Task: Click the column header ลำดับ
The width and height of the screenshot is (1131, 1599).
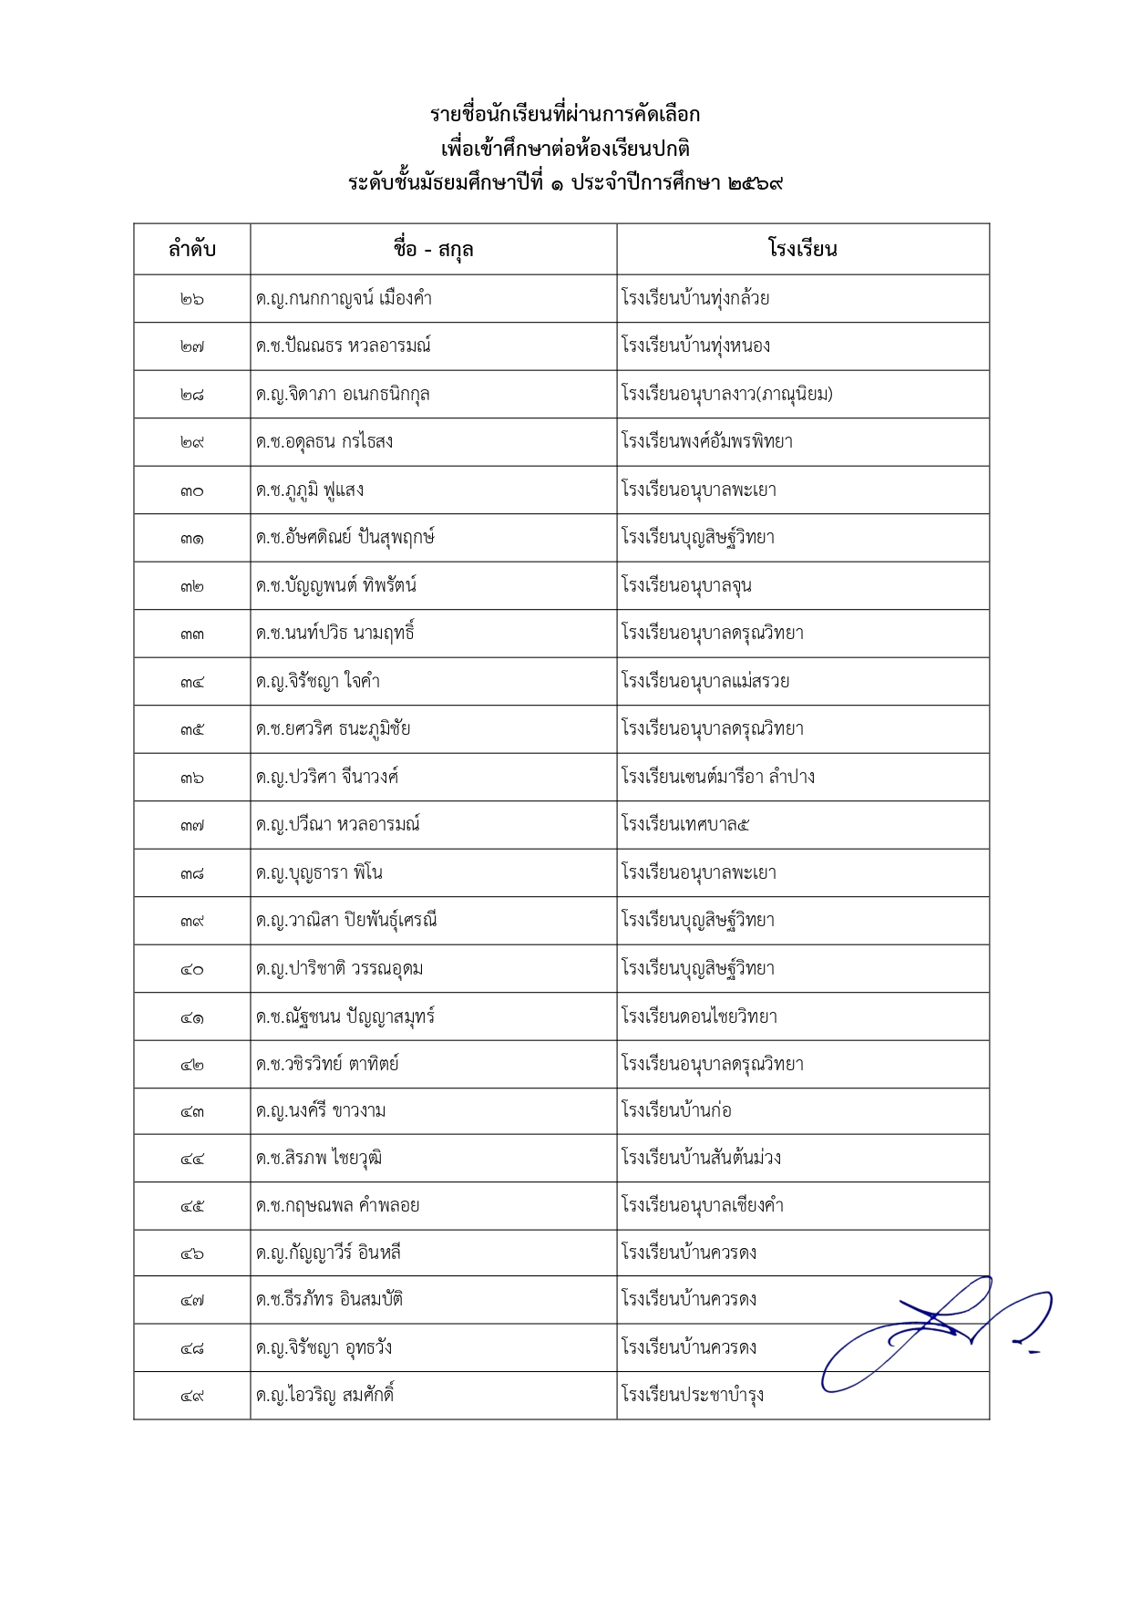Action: tap(192, 249)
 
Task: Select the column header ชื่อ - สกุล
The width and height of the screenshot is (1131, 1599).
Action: tap(433, 249)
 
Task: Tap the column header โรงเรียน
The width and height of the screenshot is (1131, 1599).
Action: tap(802, 249)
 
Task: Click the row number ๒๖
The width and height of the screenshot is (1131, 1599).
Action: tap(192, 299)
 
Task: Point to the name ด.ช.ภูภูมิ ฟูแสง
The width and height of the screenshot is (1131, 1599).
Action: tap(310, 490)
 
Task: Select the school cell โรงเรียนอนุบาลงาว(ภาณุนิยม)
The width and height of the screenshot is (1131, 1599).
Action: tap(727, 394)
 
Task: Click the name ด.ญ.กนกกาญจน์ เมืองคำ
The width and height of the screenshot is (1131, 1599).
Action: tap(344, 299)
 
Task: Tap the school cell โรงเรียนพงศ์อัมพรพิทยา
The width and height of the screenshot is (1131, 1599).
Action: tap(707, 442)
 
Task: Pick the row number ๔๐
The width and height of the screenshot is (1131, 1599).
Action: tap(192, 969)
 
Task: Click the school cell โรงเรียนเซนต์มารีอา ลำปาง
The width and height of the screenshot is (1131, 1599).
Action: tap(718, 777)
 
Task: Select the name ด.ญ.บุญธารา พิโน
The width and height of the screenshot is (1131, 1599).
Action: tap(319, 873)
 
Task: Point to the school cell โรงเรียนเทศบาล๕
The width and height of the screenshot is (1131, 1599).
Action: tap(685, 825)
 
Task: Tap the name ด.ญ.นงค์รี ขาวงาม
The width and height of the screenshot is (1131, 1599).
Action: tap(321, 1111)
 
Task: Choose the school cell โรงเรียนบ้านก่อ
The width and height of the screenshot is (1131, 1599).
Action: tap(676, 1111)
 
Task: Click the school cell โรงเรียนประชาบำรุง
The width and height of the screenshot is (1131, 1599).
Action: tap(693, 1395)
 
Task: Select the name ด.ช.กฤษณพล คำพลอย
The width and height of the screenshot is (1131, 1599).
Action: tap(337, 1206)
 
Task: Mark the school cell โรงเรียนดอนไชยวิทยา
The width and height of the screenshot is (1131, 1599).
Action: tap(699, 1016)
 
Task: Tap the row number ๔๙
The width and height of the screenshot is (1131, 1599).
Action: tap(192, 1396)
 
